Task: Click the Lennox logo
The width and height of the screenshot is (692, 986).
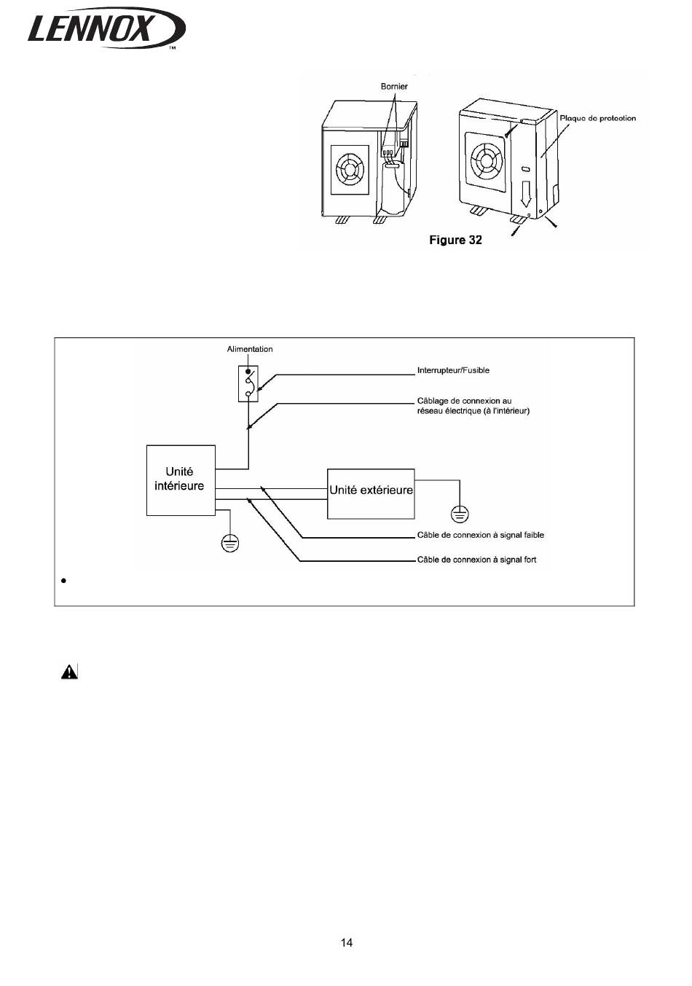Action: [106, 28]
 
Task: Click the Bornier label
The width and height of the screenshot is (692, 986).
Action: [394, 86]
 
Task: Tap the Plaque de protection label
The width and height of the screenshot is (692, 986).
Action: [597, 118]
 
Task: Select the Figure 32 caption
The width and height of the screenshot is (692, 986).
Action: [455, 240]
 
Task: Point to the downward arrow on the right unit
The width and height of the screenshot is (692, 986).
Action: [526, 193]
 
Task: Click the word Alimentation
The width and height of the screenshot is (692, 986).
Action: [249, 349]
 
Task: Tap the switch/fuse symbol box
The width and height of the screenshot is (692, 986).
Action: [248, 383]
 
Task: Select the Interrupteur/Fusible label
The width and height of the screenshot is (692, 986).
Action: [453, 370]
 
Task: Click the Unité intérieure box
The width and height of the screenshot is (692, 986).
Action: [181, 480]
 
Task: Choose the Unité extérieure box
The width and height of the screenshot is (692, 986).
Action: [371, 494]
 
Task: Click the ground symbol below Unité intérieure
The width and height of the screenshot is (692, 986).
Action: [229, 544]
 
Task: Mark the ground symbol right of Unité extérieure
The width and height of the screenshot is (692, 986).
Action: [460, 514]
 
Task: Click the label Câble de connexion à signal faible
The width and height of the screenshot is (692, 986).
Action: [481, 535]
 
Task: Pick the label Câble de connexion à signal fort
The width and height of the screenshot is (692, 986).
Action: [476, 560]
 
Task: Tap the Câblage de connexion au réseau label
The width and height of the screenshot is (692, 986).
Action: [473, 406]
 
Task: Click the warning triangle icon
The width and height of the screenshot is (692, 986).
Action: [69, 672]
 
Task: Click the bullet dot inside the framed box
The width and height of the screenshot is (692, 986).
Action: [64, 581]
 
